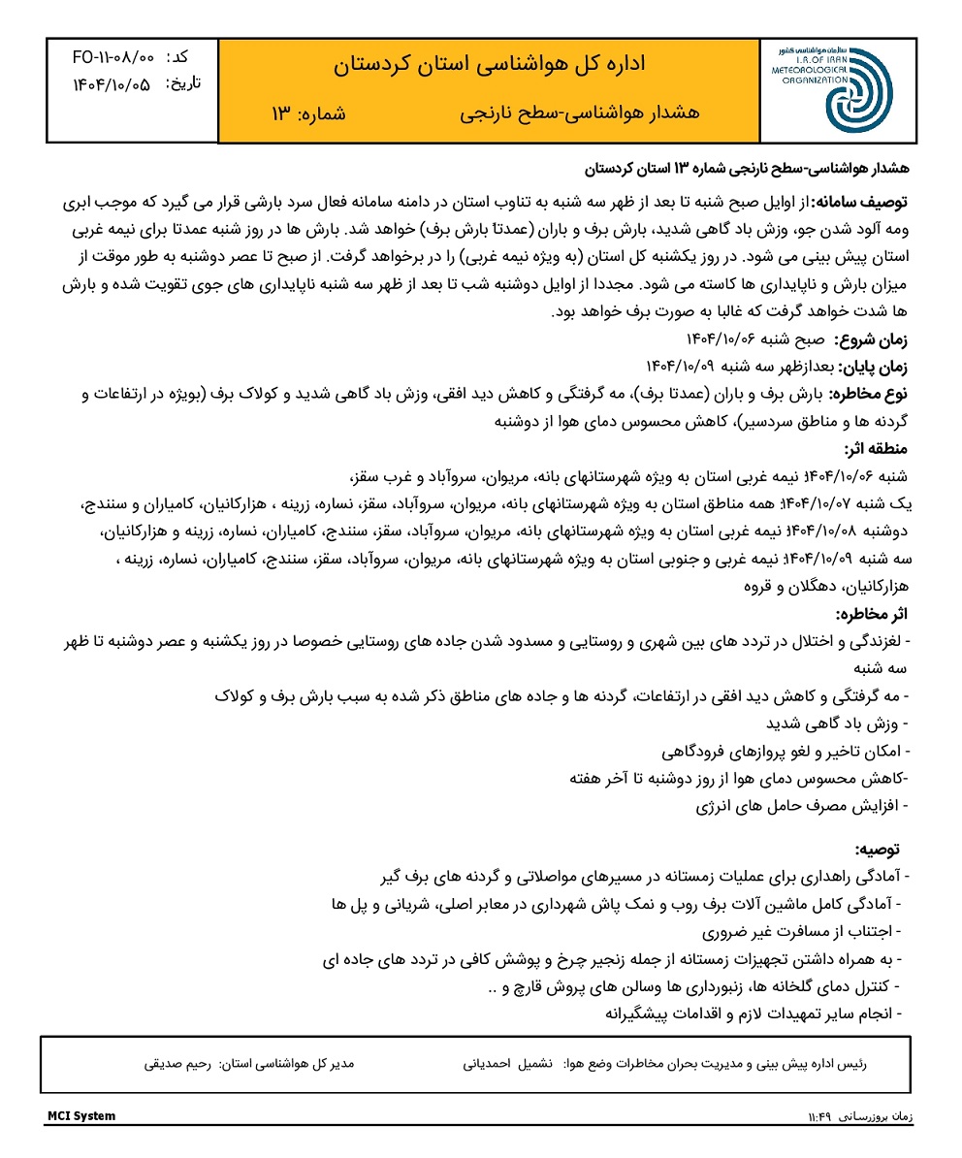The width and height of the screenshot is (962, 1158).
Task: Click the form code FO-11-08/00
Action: pyautogui.click(x=113, y=57)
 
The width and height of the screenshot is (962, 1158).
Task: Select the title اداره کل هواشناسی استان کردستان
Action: pyautogui.click(x=490, y=64)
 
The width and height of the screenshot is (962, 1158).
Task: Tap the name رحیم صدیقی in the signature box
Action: pyautogui.click(x=173, y=1063)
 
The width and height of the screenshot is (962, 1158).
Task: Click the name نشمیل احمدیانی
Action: pyautogui.click(x=497, y=1063)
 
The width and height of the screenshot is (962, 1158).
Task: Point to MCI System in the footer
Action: pyautogui.click(x=81, y=1116)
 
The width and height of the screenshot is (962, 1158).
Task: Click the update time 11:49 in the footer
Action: pyautogui.click(x=820, y=1117)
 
